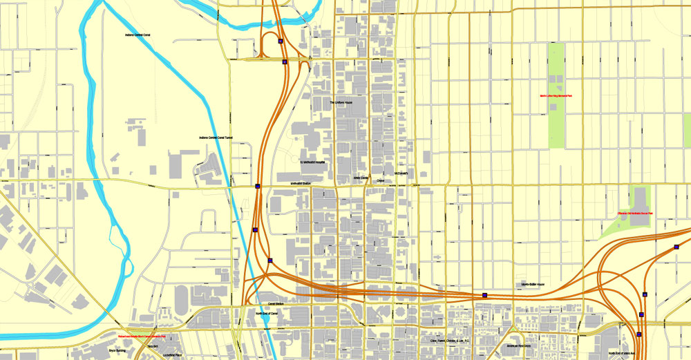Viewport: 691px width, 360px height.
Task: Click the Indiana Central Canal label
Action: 138,34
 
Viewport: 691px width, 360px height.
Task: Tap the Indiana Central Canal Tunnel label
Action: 216,138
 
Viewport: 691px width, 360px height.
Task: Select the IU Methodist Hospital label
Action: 312,162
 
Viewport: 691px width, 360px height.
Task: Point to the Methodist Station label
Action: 301,182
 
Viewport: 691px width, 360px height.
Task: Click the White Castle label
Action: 361,178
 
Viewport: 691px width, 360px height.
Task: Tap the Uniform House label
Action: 341,103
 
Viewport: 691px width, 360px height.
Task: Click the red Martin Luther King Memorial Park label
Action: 556,96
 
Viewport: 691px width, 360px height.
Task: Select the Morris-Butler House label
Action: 533,285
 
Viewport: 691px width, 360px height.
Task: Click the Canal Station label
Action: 276,304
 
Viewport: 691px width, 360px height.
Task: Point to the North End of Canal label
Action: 266,314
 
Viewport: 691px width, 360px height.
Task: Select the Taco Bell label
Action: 153,345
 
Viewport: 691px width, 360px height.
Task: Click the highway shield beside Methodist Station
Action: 258,186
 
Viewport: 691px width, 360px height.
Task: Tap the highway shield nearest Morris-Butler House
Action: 484,295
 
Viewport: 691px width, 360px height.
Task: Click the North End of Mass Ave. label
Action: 618,354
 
